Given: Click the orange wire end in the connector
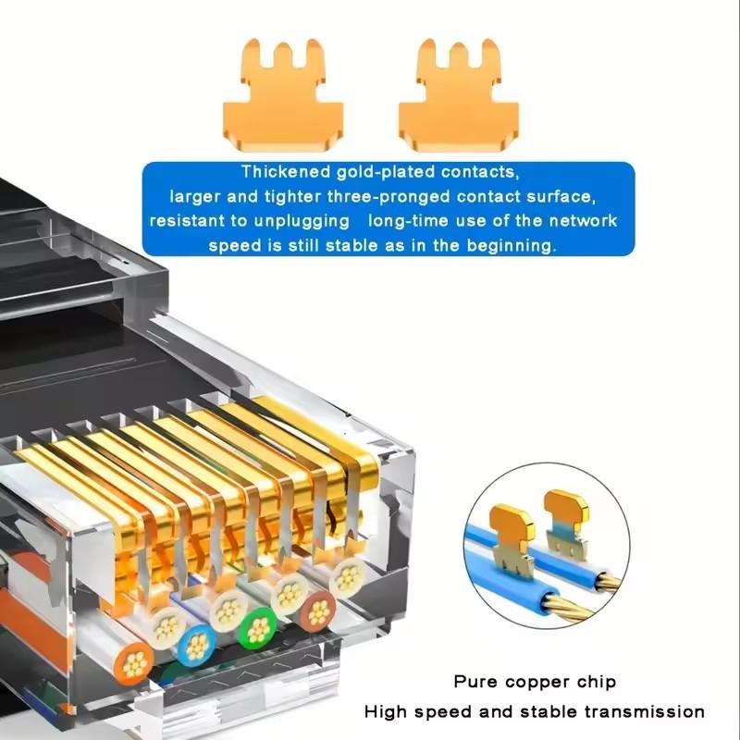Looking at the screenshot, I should click(135, 661).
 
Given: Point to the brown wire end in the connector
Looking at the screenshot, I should click(317, 610).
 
